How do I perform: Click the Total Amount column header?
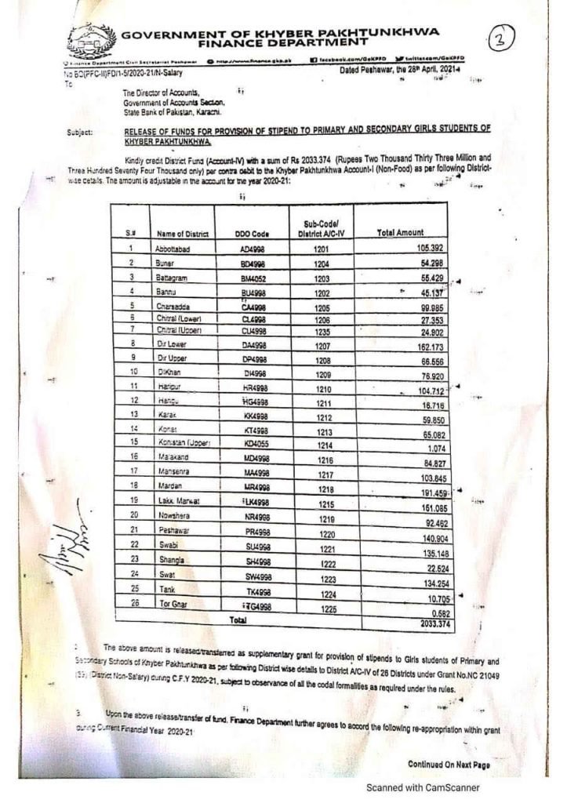(x=401, y=233)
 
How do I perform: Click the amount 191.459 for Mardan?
(x=429, y=492)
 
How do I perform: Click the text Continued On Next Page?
(x=449, y=764)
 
